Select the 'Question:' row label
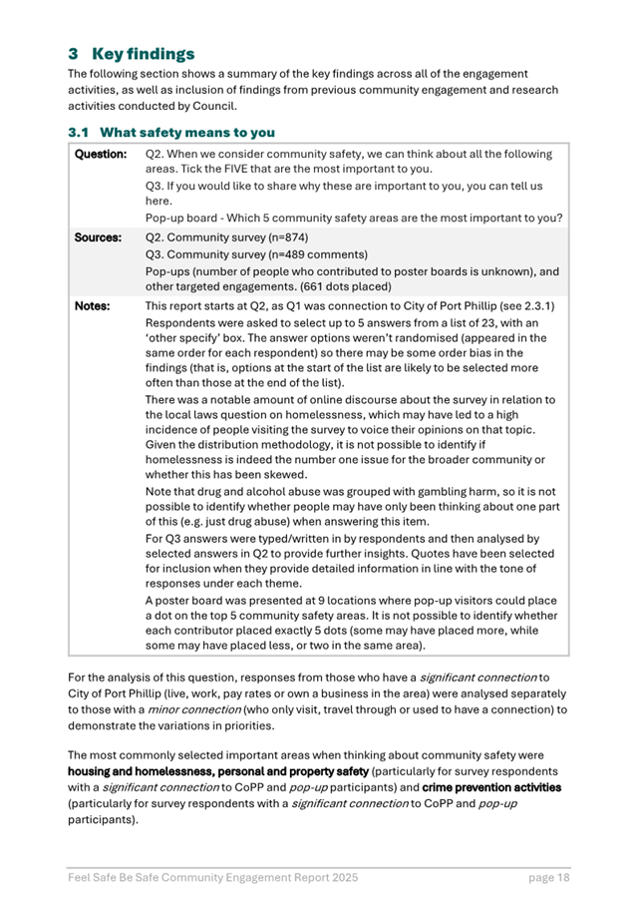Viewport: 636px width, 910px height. (101, 155)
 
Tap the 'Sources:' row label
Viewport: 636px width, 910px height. (99, 238)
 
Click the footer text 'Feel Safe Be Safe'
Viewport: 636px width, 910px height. (116, 877)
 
